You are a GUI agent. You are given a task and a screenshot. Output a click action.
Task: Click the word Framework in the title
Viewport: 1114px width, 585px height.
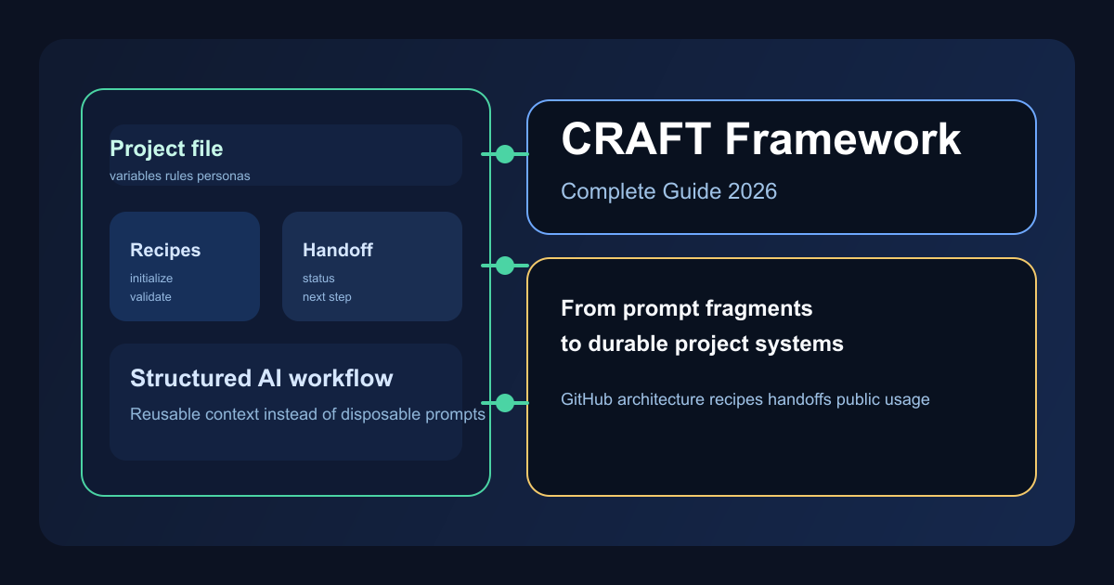[x=843, y=140]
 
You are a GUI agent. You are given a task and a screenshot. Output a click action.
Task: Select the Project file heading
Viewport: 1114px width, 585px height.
[x=166, y=149]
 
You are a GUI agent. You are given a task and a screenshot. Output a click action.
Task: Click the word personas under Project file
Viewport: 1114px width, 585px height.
[x=224, y=175]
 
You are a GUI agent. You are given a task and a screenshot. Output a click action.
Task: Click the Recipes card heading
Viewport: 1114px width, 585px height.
[x=165, y=250]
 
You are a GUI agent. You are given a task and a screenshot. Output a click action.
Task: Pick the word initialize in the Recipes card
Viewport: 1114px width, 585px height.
[x=151, y=279]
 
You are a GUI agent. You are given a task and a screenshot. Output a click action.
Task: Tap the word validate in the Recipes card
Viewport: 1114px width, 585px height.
[x=150, y=297]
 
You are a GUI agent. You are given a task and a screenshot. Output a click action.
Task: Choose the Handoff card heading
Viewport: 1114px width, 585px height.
[x=338, y=250]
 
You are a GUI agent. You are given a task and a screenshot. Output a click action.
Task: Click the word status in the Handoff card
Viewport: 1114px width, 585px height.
[x=318, y=279]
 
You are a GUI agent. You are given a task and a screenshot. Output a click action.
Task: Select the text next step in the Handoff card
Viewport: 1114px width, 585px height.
[x=327, y=297]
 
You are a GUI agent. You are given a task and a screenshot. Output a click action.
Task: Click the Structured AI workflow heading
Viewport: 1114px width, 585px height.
[x=261, y=378]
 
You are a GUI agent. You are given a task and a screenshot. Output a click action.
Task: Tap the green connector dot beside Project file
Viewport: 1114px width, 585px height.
[x=505, y=154]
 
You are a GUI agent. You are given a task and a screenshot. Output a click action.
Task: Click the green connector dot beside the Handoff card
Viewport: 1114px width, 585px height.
[x=505, y=266]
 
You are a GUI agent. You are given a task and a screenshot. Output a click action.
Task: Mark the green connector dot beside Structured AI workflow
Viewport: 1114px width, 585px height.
[x=505, y=403]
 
